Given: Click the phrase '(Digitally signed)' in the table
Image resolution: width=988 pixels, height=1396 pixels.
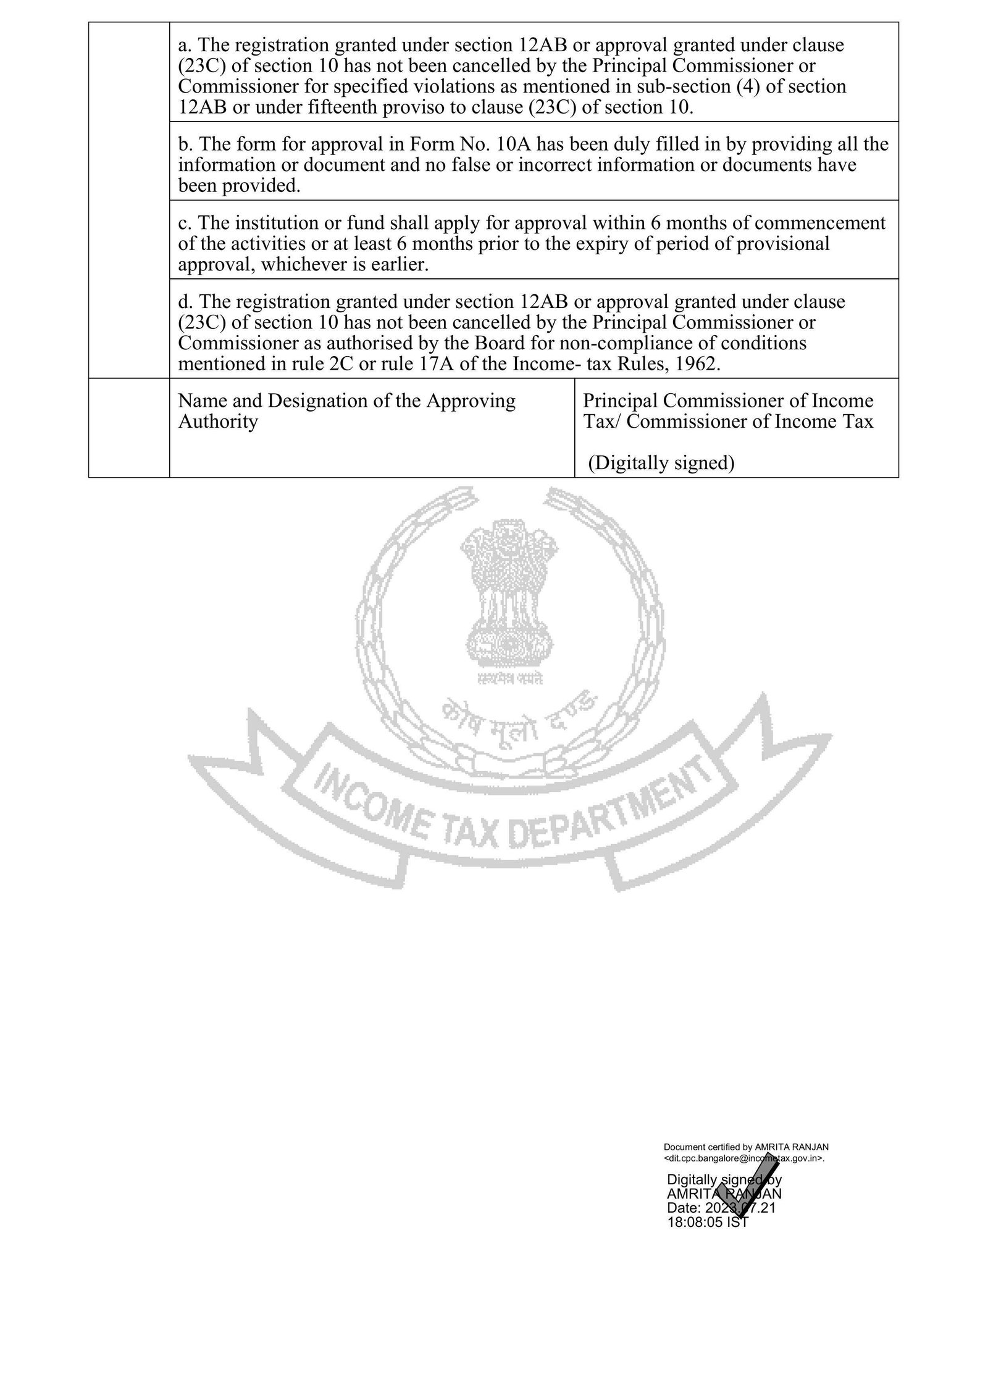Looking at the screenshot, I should pos(661,463).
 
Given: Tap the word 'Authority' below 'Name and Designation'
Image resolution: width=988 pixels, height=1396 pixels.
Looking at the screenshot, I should pos(217,422).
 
